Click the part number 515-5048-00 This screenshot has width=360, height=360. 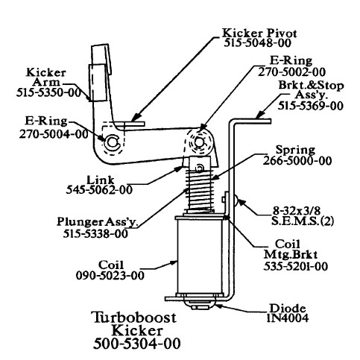(257, 43)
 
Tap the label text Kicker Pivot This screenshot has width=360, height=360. (259, 33)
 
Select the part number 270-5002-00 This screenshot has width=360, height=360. (291, 72)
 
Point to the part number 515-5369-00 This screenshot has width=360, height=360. (311, 106)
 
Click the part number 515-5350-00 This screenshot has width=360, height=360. (48, 92)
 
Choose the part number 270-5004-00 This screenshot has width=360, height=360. (54, 134)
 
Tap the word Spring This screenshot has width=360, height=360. (295, 150)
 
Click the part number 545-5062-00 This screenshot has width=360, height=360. (99, 190)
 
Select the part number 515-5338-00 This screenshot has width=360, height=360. (95, 233)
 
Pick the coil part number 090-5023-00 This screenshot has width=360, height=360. (110, 276)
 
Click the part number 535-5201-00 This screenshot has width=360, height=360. (295, 266)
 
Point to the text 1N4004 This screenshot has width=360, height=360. (288, 318)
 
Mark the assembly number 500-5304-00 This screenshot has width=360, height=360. (137, 344)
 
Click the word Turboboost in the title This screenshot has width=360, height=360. (134, 318)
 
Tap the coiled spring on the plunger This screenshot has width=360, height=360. (200, 190)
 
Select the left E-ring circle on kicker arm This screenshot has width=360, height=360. (112, 142)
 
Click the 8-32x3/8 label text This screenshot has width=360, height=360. (297, 211)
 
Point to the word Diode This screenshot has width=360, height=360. (288, 309)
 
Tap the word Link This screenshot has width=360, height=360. (101, 180)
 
